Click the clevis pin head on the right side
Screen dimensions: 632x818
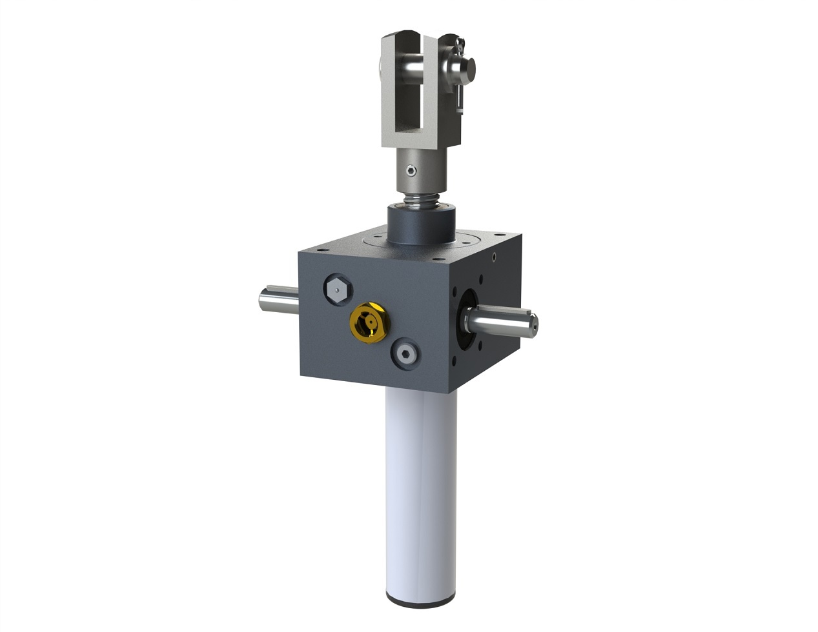coord(469,66)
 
